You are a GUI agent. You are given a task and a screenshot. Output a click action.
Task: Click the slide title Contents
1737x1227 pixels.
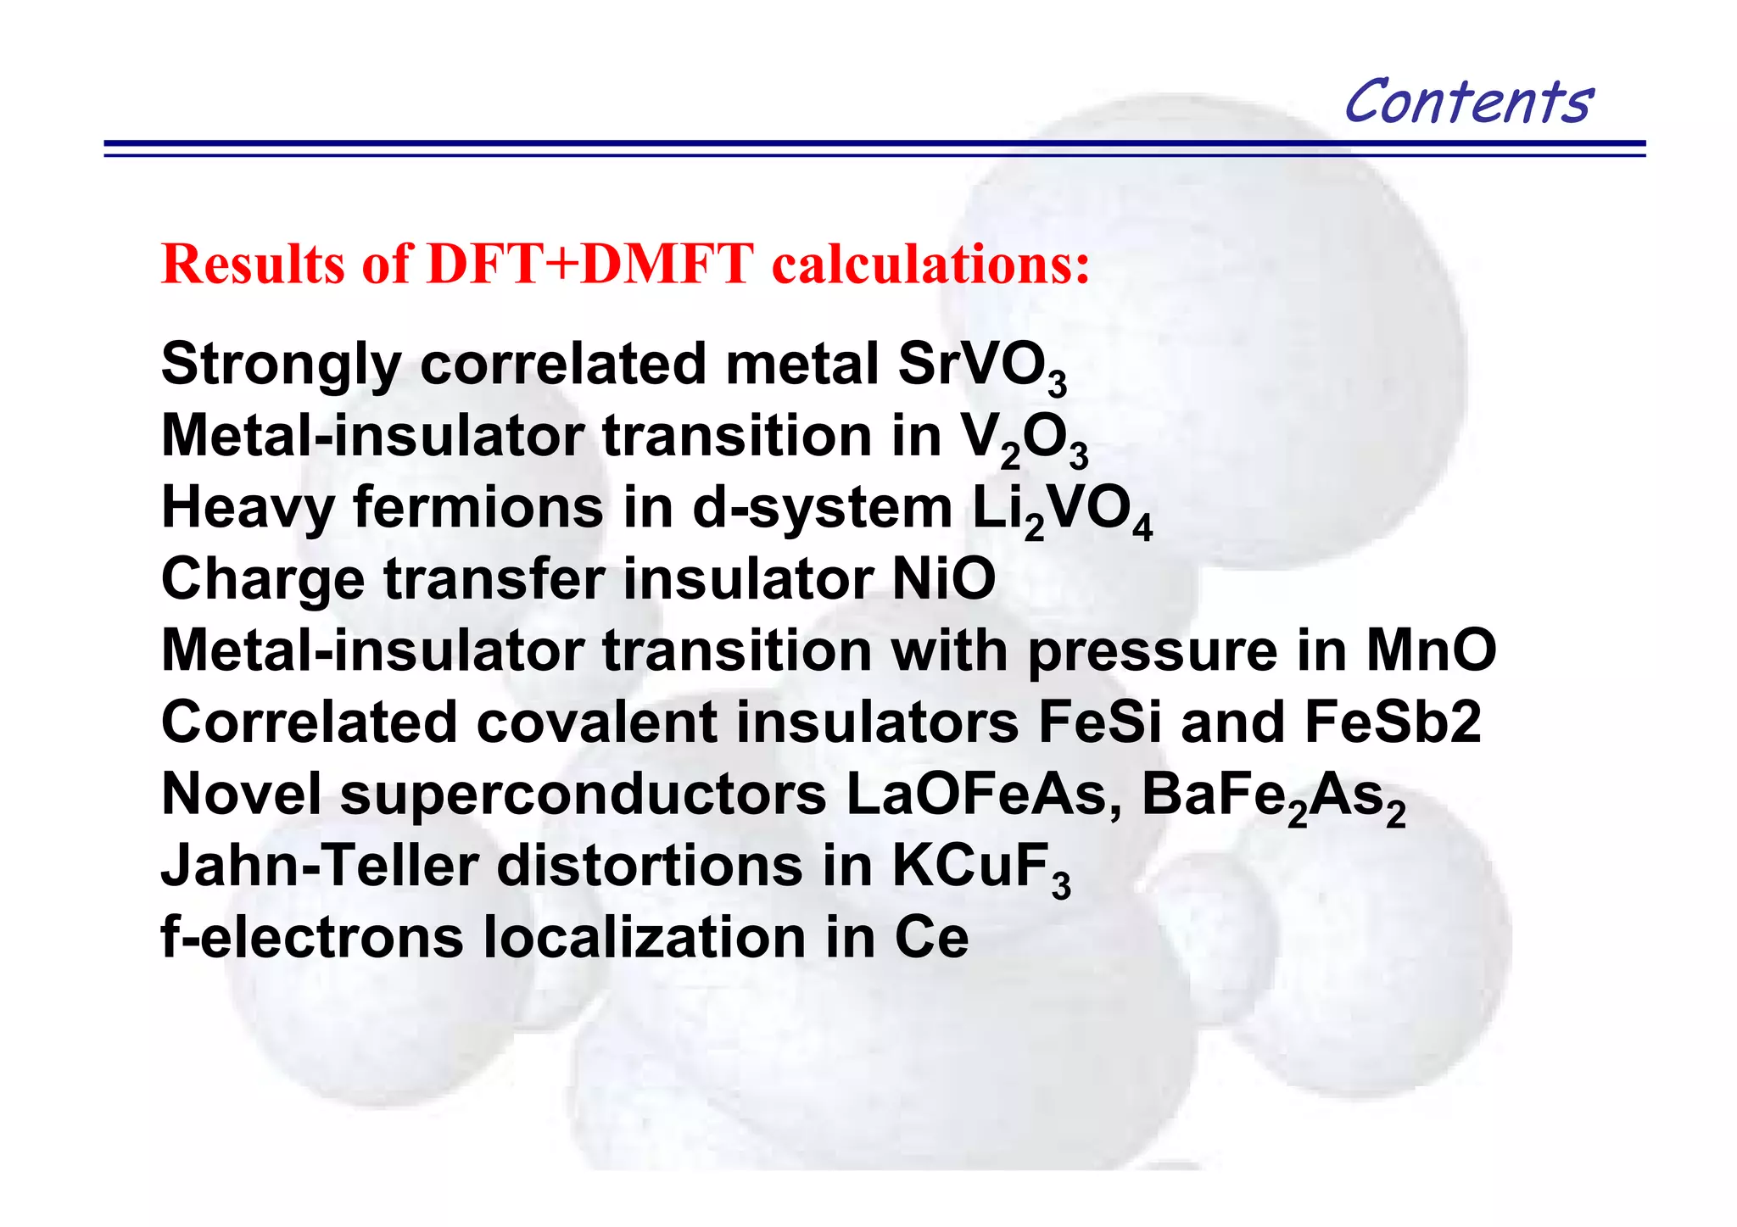pyautogui.click(x=1468, y=101)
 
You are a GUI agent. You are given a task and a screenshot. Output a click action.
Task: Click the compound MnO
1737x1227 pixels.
pyautogui.click(x=1431, y=651)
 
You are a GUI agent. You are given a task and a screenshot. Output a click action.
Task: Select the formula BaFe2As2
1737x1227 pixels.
pyautogui.click(x=1273, y=799)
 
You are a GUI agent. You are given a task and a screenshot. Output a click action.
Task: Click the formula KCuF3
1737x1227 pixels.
pyautogui.click(x=980, y=869)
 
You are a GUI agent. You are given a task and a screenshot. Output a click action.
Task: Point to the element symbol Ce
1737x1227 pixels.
pyautogui.click(x=931, y=938)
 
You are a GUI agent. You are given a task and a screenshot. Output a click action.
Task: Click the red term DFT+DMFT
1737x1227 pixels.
pyautogui.click(x=590, y=264)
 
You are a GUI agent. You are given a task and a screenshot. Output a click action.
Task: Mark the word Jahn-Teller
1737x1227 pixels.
pyautogui.click(x=320, y=867)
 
